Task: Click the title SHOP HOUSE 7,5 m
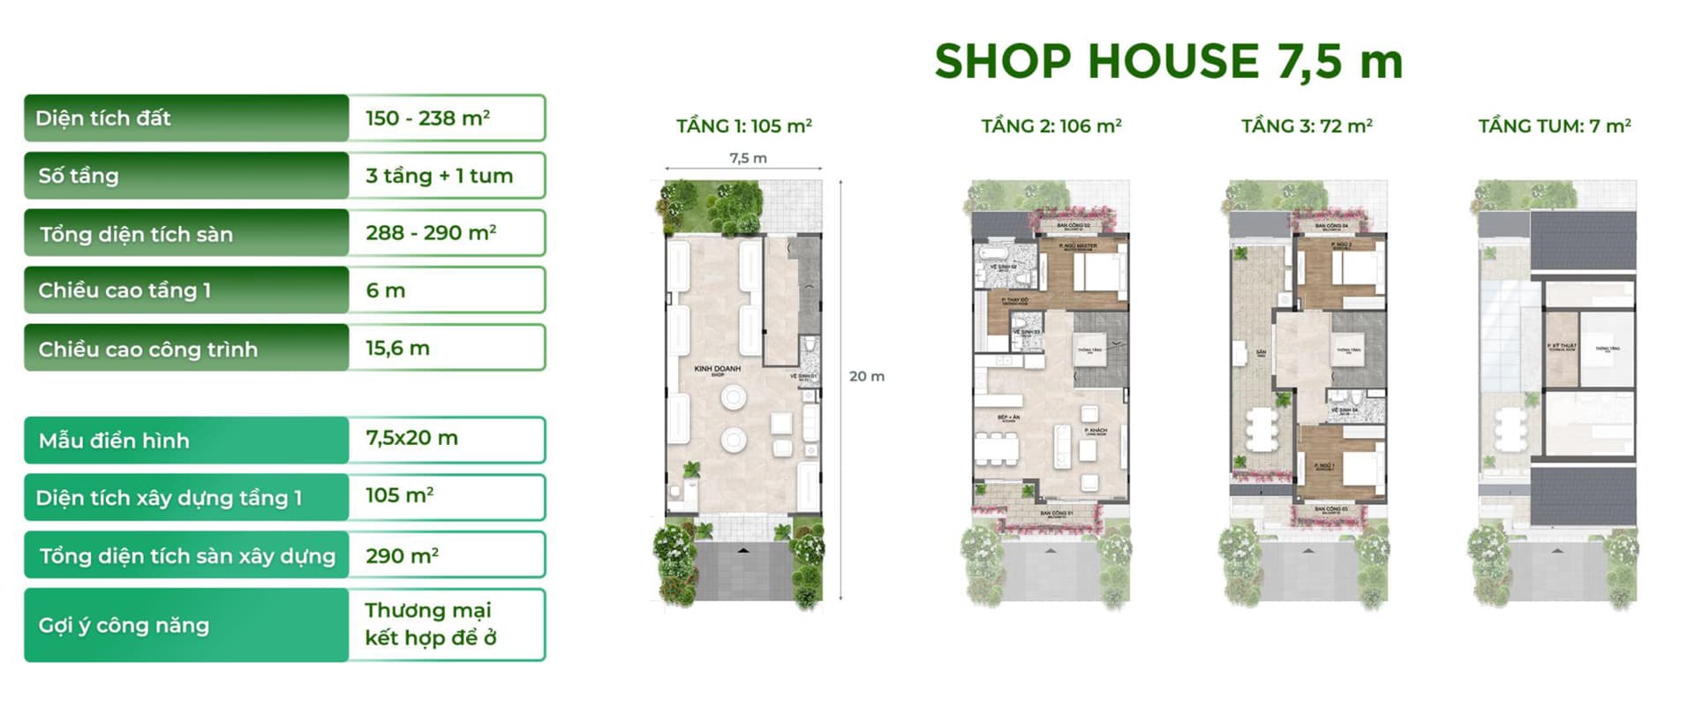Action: point(1168,62)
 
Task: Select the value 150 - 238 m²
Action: point(427,118)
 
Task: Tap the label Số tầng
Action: point(79,176)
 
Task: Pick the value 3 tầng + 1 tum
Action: point(439,176)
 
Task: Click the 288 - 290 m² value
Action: point(430,233)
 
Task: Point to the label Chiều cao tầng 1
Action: point(124,290)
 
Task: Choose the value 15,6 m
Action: point(397,348)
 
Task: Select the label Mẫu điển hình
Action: point(114,440)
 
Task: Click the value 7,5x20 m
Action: point(411,438)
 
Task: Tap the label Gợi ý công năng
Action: point(124,626)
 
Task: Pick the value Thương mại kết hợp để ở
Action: point(430,624)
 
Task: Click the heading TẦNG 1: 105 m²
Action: point(743,126)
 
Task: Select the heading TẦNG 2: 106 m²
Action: point(1051,126)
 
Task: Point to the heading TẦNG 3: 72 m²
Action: point(1307,126)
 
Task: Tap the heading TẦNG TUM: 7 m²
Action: point(1554,126)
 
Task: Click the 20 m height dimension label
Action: point(866,376)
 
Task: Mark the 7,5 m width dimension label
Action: point(748,158)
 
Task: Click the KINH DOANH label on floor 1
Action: point(717,369)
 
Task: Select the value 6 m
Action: point(385,290)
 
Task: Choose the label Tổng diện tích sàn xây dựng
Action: point(187,556)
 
